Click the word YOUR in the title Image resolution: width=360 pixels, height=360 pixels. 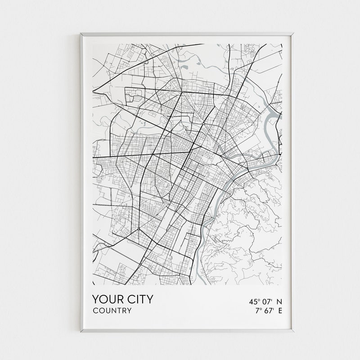(107, 299)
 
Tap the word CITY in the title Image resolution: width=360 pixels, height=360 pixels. (139, 299)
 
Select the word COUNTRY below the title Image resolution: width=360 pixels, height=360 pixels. (112, 310)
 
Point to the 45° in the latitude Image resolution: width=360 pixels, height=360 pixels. (253, 301)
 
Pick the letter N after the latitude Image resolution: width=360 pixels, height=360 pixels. (279, 301)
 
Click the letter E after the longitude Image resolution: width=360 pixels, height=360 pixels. (280, 310)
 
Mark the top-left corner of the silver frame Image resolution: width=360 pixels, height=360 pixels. (81, 33)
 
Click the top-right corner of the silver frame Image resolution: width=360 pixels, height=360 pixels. (294, 33)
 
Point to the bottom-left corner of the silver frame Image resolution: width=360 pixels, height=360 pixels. (81, 332)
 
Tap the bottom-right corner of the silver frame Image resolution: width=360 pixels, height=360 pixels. (294, 332)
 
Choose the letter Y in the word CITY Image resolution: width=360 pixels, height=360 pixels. (149, 299)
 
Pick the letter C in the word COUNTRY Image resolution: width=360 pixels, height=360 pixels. (95, 310)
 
